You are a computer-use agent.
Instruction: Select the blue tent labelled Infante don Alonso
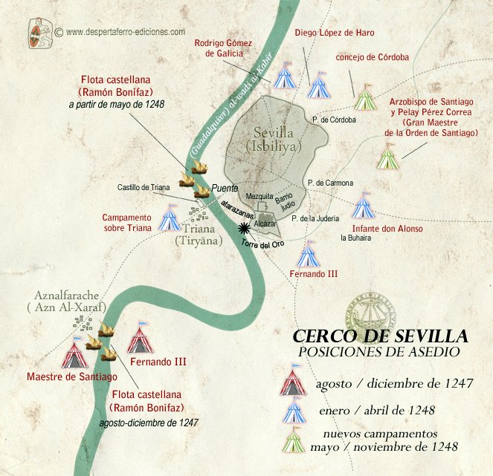(364, 205)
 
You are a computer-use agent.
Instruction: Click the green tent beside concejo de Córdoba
(364, 97)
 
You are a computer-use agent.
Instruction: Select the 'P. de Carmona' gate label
(329, 183)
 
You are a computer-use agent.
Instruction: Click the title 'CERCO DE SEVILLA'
(379, 336)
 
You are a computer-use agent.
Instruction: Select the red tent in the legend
(293, 383)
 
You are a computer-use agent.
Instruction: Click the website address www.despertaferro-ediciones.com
(125, 32)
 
